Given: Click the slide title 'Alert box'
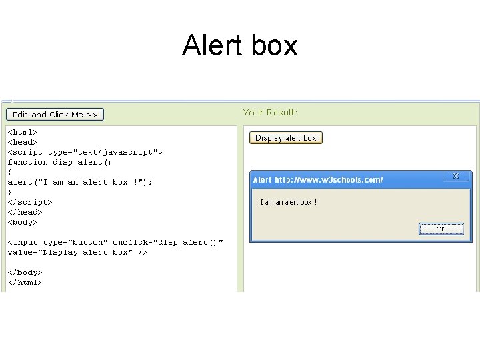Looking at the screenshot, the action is coord(240,46).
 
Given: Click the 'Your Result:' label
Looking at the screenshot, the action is coord(270,113).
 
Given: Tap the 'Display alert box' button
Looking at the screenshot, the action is coord(286,138).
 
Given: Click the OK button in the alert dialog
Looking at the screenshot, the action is coord(441,229).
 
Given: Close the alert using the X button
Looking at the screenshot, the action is coord(456,176).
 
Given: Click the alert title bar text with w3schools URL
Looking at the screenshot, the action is coord(318,180).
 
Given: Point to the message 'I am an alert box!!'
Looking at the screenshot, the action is coord(288,202).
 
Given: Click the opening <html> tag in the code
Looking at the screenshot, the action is coord(22,132).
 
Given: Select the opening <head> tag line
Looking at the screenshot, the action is coord(22,142).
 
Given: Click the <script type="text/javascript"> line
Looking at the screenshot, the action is coord(85,152).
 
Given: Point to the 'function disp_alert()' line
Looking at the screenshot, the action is coord(59,162).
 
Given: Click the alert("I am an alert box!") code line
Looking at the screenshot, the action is coord(80,182).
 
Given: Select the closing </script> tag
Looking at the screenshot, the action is coord(29,202).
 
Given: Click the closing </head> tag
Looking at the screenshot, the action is coord(25,212).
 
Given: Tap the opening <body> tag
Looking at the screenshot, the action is coord(22,222).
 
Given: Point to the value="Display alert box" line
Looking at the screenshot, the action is coord(77,252).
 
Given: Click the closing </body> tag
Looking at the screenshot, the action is coord(25,272).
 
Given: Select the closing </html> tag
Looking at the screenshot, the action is coord(25,282).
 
